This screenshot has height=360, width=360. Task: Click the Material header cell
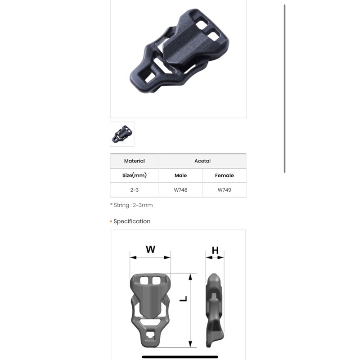tap(134, 161)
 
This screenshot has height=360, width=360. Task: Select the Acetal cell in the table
tap(202, 161)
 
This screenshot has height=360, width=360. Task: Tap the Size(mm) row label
tap(134, 175)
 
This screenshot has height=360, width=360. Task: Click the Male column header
tap(181, 175)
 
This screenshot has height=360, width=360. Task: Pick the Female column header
tap(224, 175)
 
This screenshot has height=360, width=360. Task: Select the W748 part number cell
tap(181, 190)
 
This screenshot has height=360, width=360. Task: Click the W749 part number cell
tap(224, 190)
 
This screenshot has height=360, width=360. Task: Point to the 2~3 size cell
tap(134, 190)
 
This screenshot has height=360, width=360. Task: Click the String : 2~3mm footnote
tap(131, 205)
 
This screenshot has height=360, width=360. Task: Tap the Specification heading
tap(132, 221)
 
